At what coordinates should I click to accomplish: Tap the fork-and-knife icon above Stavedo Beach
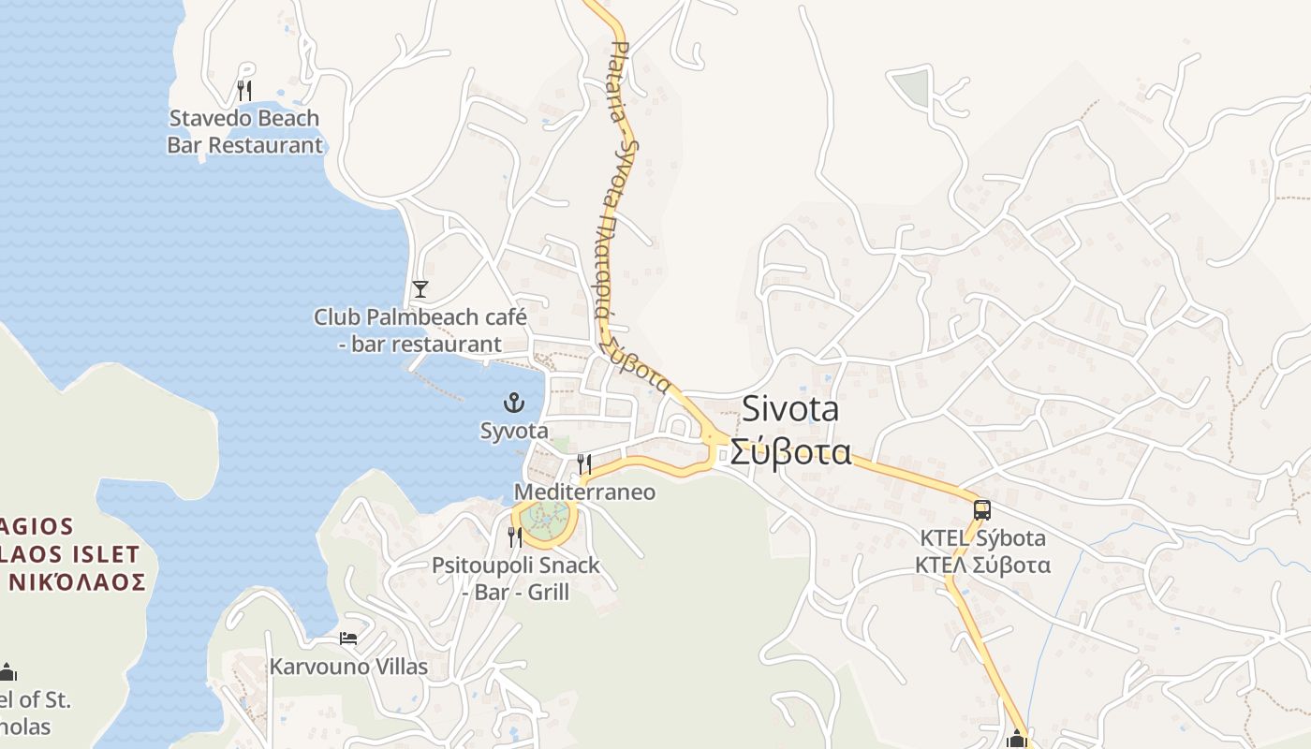244,91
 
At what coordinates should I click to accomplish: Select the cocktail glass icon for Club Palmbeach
420,288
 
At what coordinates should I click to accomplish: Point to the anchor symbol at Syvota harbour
513,404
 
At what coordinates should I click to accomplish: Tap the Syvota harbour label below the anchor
513,432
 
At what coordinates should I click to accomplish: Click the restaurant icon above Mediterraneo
584,463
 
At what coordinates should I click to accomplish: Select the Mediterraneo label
584,492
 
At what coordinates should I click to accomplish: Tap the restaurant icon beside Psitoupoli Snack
515,536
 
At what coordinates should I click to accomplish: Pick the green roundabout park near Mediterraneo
546,518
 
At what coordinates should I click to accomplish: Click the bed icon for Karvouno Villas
348,639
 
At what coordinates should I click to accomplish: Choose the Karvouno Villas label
348,668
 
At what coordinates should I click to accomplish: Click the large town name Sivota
790,410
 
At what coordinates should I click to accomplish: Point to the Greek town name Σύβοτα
790,453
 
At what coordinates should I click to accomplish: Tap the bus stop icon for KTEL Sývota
981,510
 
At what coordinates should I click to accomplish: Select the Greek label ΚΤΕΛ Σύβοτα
982,565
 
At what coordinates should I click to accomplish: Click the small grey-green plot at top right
910,87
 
